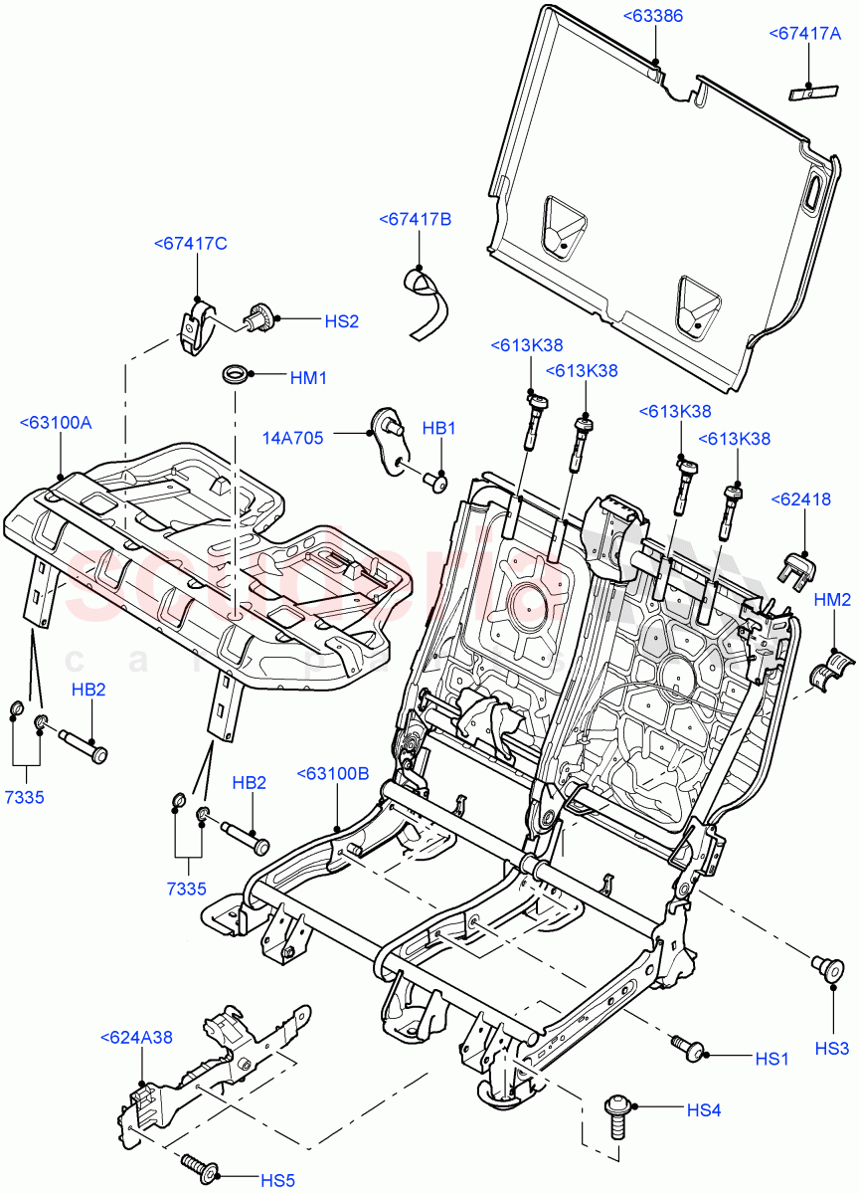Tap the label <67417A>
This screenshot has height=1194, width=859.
[805, 34]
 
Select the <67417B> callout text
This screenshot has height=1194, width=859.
[415, 219]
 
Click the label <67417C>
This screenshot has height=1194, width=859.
[191, 244]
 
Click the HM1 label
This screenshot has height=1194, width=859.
[308, 377]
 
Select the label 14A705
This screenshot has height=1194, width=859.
[295, 435]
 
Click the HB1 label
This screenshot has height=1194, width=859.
[438, 429]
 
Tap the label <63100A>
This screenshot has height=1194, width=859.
[55, 423]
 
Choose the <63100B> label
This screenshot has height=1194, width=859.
[333, 773]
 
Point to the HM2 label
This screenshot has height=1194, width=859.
[832, 599]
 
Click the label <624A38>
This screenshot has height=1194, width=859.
[136, 1037]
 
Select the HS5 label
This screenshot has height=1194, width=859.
[277, 1180]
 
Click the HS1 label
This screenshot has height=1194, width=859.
[772, 1060]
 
